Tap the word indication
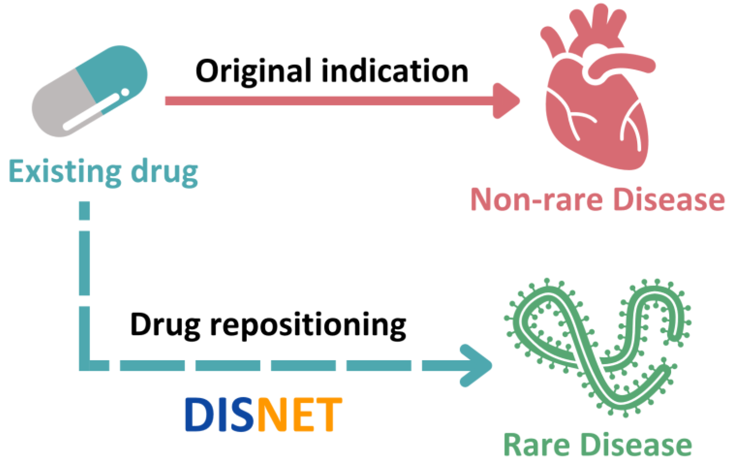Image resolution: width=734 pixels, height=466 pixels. [395, 71]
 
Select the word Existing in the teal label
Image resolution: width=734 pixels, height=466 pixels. [65, 172]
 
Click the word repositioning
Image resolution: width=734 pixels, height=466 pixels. [308, 326]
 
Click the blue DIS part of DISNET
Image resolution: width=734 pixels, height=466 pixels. [219, 414]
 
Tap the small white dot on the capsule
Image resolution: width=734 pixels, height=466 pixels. [125, 92]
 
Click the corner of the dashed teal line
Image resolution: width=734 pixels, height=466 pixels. [85, 365]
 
